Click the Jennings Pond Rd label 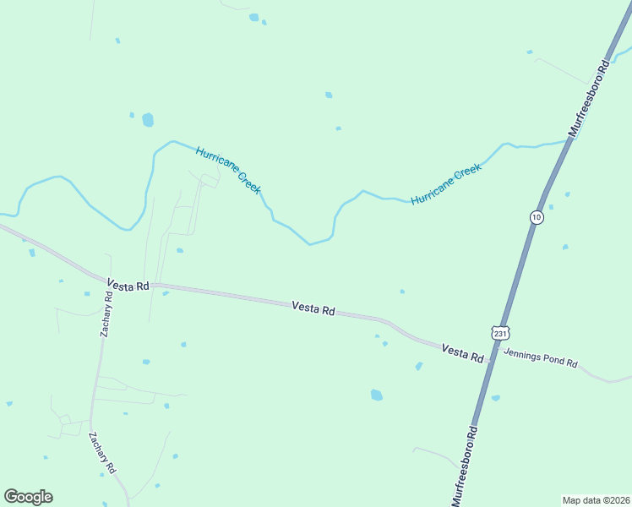point(540,358)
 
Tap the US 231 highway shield point(501,334)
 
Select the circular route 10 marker point(537,217)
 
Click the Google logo point(28,497)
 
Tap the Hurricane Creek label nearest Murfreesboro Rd point(446,184)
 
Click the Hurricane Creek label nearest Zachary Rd point(228,170)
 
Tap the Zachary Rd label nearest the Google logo point(102,453)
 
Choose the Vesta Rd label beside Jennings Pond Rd point(461,353)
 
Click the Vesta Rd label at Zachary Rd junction point(128,286)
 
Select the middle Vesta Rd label point(313,308)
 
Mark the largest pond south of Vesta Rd point(376,395)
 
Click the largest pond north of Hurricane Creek point(148,120)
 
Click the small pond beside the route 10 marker point(551,206)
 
